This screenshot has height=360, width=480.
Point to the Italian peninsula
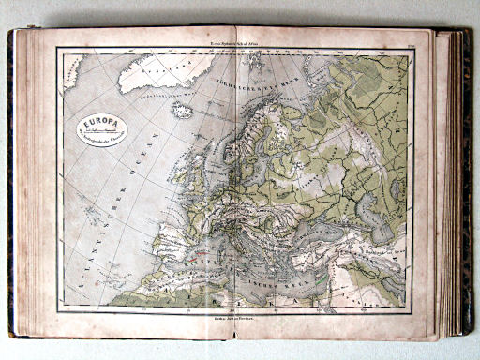pos(242,242)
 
